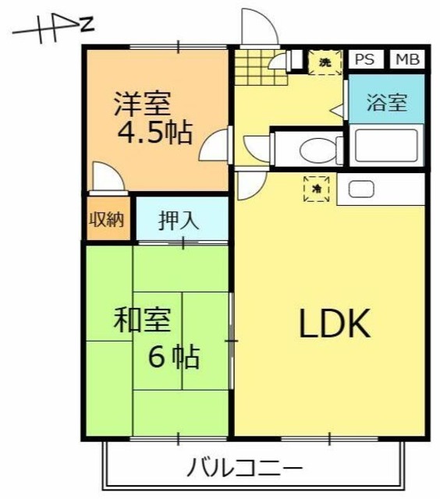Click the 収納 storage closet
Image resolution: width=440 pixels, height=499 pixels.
[x=105, y=219]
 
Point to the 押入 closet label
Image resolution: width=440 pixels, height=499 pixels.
[x=179, y=220]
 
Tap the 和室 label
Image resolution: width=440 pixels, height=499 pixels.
[x=140, y=320]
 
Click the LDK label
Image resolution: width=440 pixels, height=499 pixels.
[x=334, y=324]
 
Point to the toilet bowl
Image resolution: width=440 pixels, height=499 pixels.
[x=317, y=148]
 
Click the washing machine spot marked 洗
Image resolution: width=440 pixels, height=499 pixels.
[x=322, y=62]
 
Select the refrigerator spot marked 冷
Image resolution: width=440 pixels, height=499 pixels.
[x=317, y=189]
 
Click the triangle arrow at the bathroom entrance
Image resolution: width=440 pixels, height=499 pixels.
[x=339, y=110]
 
